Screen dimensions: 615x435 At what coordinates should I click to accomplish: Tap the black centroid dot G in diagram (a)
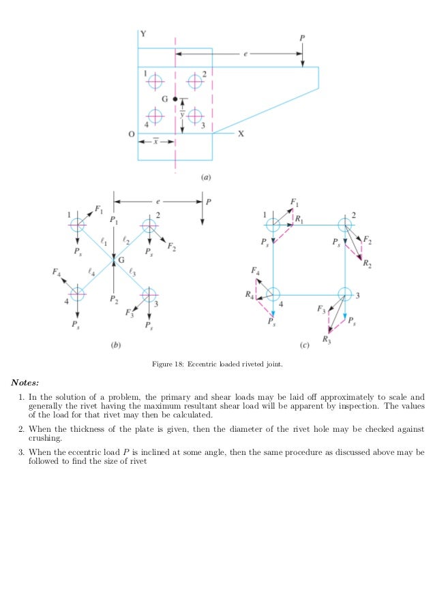[175, 99]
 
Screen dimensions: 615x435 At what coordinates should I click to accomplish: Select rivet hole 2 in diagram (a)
[196, 81]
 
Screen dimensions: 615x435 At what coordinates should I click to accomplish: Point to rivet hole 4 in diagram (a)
[155, 117]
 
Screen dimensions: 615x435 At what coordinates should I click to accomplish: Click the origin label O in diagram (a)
[131, 134]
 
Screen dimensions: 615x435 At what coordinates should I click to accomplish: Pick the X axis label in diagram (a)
[241, 134]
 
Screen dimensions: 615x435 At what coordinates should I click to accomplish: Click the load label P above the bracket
[301, 37]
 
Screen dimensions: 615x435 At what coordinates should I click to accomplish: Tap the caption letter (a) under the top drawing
[206, 177]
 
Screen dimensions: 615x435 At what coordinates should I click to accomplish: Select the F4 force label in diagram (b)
[56, 272]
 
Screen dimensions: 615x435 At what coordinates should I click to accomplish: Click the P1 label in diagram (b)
[113, 221]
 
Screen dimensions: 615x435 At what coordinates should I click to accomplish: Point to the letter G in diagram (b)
[121, 259]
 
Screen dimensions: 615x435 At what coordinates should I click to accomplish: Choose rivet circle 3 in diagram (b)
[148, 294]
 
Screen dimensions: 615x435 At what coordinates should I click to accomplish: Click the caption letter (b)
[116, 346]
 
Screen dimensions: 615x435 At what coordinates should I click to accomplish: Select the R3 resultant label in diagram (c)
[327, 338]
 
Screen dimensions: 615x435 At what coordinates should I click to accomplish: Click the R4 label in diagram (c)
[250, 295]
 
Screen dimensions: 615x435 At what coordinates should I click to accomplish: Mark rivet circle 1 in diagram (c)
[273, 224]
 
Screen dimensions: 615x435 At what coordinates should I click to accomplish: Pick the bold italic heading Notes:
[25, 382]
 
